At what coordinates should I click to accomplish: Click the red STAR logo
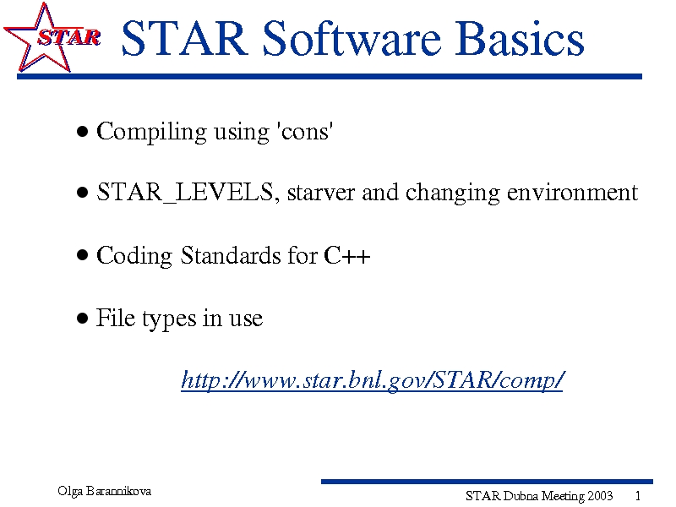tap(52, 37)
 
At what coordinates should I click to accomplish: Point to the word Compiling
tap(151, 132)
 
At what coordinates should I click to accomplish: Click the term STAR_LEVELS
tap(185, 193)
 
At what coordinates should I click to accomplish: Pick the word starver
tap(321, 193)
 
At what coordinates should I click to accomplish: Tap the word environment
tap(573, 193)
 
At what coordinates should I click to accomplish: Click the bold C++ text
tap(347, 255)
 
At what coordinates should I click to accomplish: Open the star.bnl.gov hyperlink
tap(372, 380)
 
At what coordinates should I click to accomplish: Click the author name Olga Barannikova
tap(104, 491)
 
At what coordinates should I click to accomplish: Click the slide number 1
tap(638, 496)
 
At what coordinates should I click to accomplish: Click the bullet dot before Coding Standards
tap(82, 255)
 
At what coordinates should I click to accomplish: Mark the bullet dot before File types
tap(82, 319)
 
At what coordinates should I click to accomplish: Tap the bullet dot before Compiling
tap(82, 131)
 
